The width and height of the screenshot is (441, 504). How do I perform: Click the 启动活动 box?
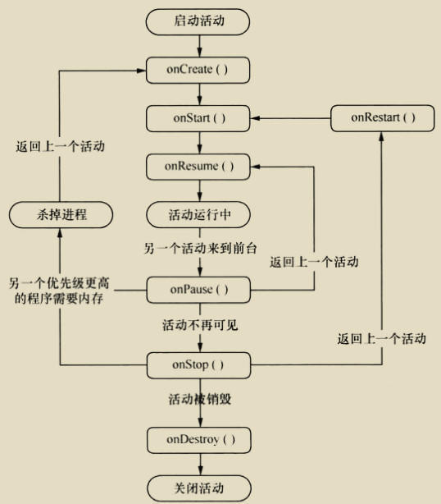pyautogui.click(x=198, y=22)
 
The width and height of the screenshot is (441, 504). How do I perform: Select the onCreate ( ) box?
pyautogui.click(x=198, y=70)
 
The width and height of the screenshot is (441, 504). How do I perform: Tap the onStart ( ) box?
pyautogui.click(x=198, y=118)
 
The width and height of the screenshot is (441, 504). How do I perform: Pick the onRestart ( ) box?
pyautogui.click(x=382, y=118)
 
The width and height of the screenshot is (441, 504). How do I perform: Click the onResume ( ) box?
pyautogui.click(x=198, y=167)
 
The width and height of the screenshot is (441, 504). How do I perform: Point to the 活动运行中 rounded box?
pyautogui.click(x=198, y=214)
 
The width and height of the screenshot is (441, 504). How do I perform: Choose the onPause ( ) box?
pyautogui.click(x=198, y=290)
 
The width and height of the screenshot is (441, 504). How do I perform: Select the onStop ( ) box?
pyautogui.click(x=198, y=365)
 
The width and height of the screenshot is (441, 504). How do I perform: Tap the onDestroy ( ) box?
pyautogui.click(x=198, y=440)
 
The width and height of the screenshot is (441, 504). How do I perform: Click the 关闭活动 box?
pyautogui.click(x=199, y=488)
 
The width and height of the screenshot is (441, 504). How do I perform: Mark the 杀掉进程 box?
pyautogui.click(x=61, y=215)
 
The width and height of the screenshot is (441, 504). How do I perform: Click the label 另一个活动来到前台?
pyautogui.click(x=200, y=249)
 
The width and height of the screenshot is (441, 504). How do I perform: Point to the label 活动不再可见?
pyautogui.click(x=200, y=325)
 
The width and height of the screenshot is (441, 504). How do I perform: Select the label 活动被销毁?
pyautogui.click(x=200, y=399)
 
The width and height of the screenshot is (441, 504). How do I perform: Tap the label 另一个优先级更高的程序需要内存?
pyautogui.click(x=59, y=291)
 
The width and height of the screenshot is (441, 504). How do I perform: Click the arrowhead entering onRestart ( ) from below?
pyautogui.click(x=381, y=137)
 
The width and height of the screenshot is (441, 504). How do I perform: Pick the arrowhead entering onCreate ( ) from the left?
pyautogui.click(x=141, y=71)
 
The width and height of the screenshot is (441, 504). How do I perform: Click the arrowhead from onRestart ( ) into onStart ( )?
pyautogui.click(x=255, y=118)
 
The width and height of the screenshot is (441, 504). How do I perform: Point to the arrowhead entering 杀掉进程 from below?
pyautogui.click(x=60, y=233)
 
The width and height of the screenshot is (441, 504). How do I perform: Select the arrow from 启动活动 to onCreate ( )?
pyautogui.click(x=200, y=46)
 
